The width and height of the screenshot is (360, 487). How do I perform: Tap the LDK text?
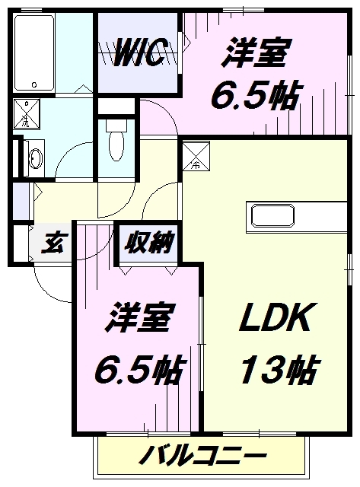276,317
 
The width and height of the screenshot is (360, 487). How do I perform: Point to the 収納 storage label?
148,242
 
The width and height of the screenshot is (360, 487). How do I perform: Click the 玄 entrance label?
53,243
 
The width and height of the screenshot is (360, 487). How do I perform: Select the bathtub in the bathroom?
34,53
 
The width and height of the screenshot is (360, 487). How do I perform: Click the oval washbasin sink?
35,158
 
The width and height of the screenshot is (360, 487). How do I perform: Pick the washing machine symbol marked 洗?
27,113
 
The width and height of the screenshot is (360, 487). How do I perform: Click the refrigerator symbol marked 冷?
196,155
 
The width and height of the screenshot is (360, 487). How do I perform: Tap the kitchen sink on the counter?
272,215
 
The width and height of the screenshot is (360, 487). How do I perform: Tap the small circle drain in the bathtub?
34,84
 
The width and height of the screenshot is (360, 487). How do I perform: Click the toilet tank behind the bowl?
116,125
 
